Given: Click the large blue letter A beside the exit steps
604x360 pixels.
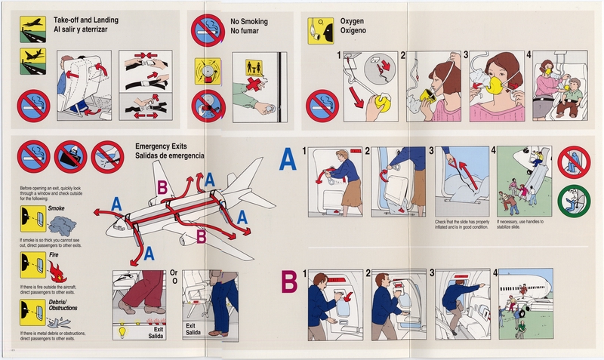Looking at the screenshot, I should pos(288,161).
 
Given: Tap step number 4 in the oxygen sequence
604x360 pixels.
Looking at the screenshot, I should pos(529,55).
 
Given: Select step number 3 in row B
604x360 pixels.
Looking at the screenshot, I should pos(433,273).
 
